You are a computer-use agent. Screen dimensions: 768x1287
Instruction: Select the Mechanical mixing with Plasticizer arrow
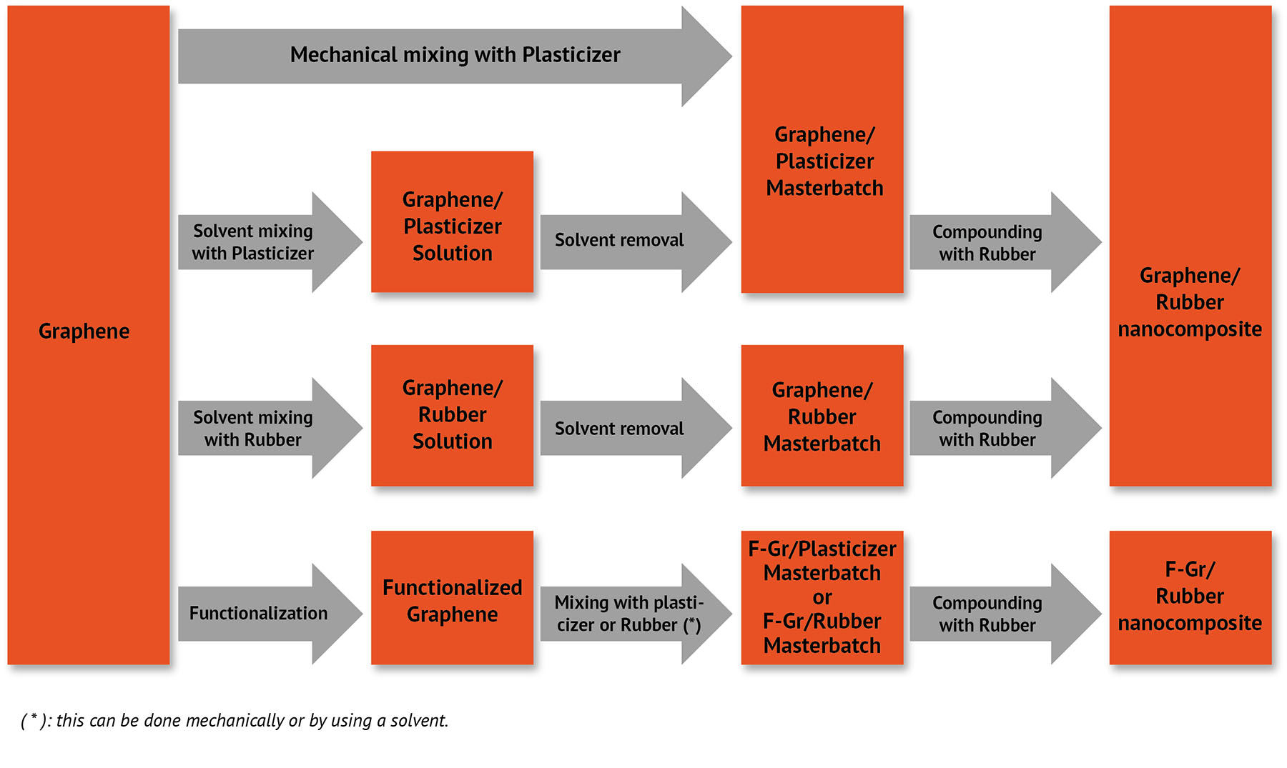[x=455, y=56]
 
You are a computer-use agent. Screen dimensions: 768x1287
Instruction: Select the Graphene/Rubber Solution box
[x=452, y=415]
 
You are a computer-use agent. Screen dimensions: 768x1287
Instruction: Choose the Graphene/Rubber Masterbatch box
[x=822, y=416]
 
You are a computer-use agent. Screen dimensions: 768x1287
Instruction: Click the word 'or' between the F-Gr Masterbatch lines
[x=822, y=597]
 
